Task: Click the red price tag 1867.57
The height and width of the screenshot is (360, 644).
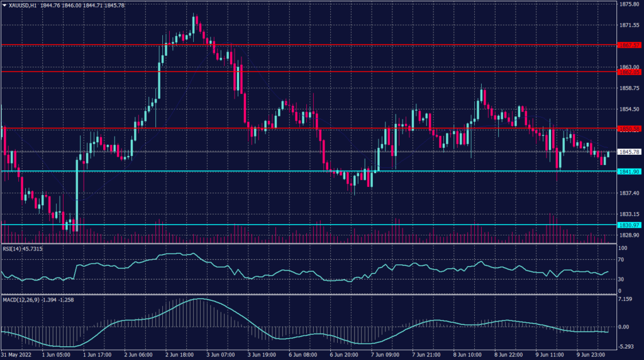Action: [628, 45]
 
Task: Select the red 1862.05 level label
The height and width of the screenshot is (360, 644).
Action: [628, 72]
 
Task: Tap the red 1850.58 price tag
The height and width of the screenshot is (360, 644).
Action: [628, 129]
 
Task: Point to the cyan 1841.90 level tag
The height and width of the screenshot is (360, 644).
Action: [628, 171]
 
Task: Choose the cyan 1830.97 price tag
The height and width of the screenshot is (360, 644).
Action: [628, 225]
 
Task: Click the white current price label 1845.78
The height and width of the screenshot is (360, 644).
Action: [628, 152]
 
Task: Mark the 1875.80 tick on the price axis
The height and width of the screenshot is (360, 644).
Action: [628, 4]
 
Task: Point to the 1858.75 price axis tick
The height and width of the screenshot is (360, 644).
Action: [628, 88]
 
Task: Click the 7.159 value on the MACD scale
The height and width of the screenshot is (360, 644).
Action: [624, 299]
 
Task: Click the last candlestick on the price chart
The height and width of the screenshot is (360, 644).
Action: [608, 154]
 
